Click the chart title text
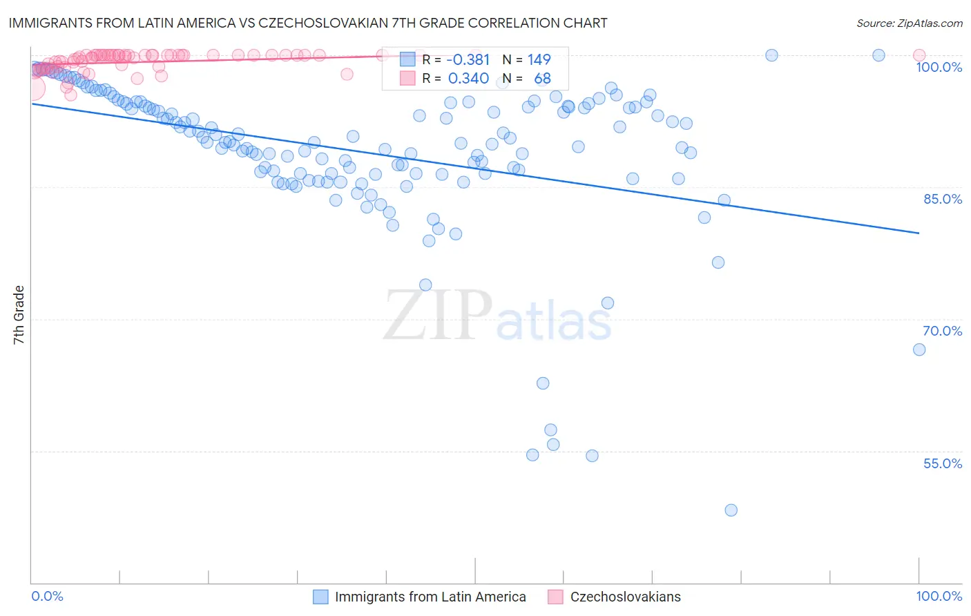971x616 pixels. [308, 23]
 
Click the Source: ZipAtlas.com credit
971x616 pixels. [909, 23]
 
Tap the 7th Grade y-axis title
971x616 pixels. [19, 315]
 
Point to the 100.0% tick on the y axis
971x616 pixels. [939, 67]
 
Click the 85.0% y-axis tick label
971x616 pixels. [942, 199]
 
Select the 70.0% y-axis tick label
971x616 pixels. [942, 331]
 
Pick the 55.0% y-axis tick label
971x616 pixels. [942, 463]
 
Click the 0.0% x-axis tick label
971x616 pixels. [47, 596]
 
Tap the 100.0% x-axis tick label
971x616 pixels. [939, 596]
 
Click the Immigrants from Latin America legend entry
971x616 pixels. [430, 597]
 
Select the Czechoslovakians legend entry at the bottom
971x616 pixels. [625, 597]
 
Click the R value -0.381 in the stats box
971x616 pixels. [468, 60]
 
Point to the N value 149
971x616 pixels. [539, 60]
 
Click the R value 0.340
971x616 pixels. [468, 79]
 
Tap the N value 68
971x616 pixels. [542, 79]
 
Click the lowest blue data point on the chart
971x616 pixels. [731, 510]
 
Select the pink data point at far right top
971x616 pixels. [919, 55]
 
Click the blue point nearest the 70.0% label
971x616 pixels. [919, 349]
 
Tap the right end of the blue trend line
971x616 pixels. [919, 233]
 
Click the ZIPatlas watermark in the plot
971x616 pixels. [497, 316]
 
